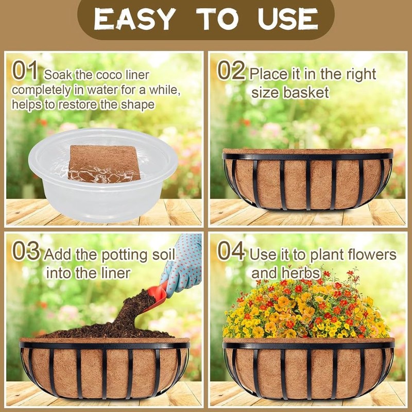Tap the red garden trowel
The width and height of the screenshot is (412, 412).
point(157,296)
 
